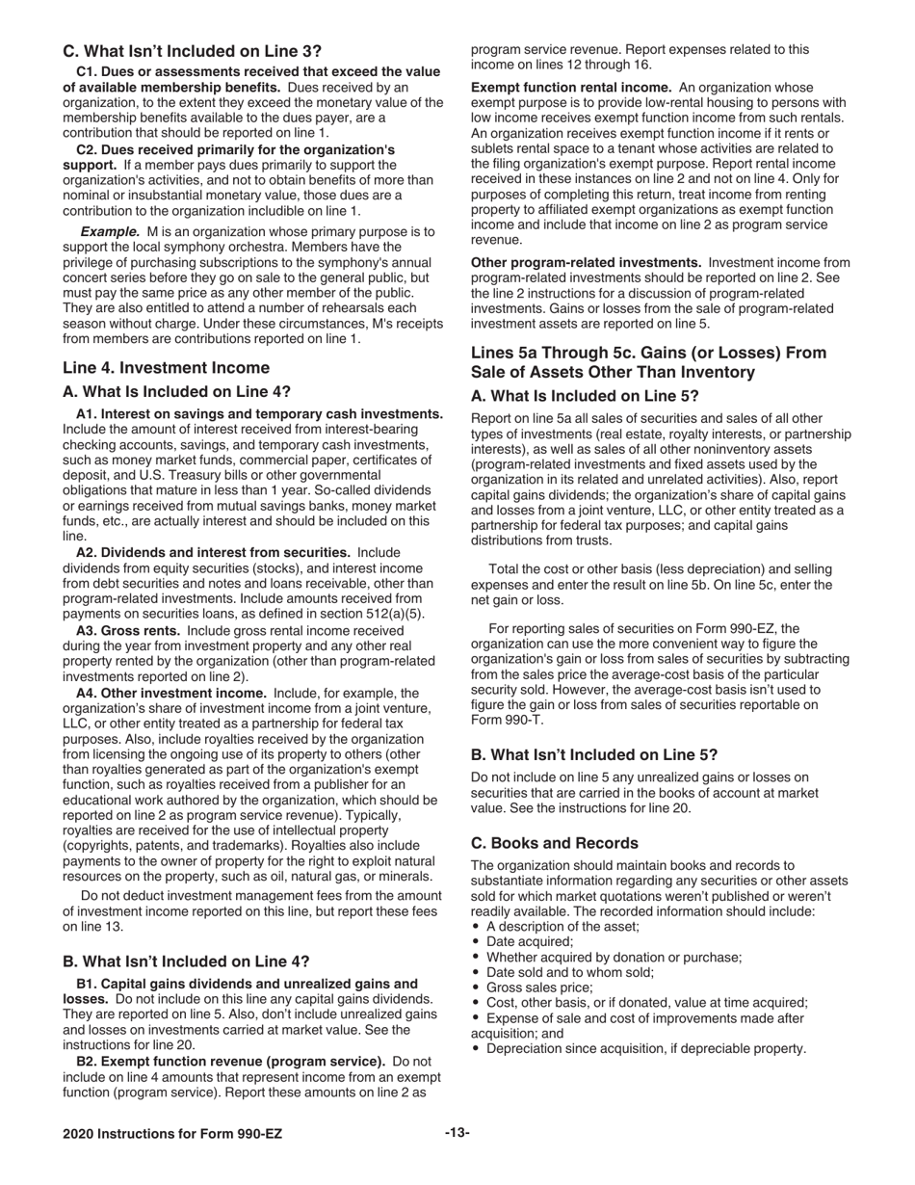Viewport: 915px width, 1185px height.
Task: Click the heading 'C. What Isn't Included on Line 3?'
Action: click(193, 50)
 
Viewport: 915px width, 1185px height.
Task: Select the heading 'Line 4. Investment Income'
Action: click(166, 367)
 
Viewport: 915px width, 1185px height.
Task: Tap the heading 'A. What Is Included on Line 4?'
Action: click(176, 391)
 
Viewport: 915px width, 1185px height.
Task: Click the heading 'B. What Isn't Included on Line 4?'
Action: click(186, 961)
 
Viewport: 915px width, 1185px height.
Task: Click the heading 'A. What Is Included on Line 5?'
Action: click(585, 395)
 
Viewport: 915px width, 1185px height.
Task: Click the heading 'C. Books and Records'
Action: click(554, 842)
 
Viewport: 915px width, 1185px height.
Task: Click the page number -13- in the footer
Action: click(457, 1133)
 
